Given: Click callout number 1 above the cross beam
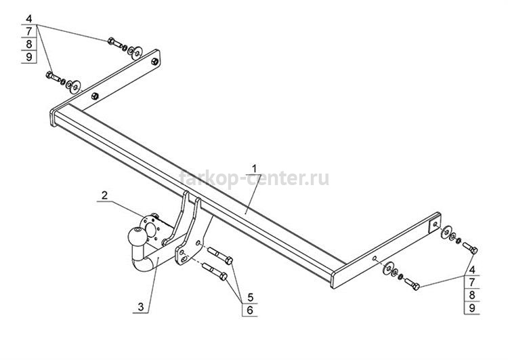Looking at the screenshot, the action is (254, 169).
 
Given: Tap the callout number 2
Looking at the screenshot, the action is (104, 195).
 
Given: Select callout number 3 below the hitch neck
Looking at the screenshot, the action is (141, 306).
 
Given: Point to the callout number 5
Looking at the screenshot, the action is (250, 297).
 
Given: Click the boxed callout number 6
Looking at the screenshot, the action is (250, 310).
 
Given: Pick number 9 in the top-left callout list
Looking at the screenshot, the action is (29, 57).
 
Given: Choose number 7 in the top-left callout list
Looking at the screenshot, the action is (29, 31).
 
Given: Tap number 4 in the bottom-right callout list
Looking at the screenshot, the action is (472, 270).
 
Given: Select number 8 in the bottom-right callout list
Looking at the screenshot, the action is (472, 295).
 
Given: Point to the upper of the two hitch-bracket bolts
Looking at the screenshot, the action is (220, 255).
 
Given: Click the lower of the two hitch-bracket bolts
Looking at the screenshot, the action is (215, 271).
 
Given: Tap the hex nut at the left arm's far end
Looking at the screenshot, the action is (155, 61).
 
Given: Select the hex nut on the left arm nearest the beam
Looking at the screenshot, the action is (95, 96).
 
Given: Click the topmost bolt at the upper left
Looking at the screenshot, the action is (114, 42).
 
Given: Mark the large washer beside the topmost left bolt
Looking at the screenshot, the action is (135, 52).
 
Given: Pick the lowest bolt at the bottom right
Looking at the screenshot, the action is (412, 284).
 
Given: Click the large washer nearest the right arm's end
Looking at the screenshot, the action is (446, 232).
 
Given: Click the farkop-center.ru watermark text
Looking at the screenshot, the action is (254, 178).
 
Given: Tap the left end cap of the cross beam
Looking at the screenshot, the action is (53, 117).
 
